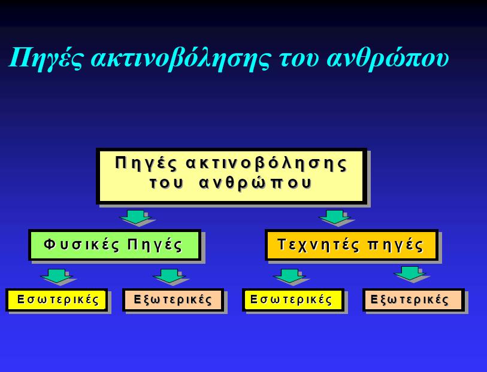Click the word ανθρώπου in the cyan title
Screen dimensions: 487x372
click(x=388, y=58)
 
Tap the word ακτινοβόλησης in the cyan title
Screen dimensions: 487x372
click(x=180, y=58)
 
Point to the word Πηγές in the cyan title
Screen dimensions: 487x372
click(x=46, y=58)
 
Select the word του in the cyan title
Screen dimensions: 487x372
click(x=299, y=60)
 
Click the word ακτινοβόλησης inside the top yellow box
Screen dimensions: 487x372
click(x=266, y=163)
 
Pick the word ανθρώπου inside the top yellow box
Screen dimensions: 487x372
click(x=255, y=183)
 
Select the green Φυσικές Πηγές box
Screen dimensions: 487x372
click(x=114, y=245)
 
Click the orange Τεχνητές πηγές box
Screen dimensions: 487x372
click(x=352, y=245)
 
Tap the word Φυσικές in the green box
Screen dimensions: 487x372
click(x=81, y=245)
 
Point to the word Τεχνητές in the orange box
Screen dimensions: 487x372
click(x=319, y=245)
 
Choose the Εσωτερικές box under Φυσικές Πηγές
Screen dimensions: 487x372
click(x=56, y=300)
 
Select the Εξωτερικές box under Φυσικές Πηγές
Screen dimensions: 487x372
click(x=173, y=300)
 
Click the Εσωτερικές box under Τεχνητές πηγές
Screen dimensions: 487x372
click(x=293, y=300)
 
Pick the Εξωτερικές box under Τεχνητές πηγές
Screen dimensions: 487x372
click(x=413, y=300)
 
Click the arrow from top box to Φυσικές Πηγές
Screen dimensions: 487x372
click(x=136, y=217)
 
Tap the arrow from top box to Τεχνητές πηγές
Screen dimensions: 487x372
click(x=335, y=217)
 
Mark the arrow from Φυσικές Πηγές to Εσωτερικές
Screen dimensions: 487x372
click(x=57, y=276)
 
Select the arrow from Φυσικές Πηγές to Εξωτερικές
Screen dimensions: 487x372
click(x=170, y=276)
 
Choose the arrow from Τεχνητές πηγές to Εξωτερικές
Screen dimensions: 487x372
click(x=410, y=273)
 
